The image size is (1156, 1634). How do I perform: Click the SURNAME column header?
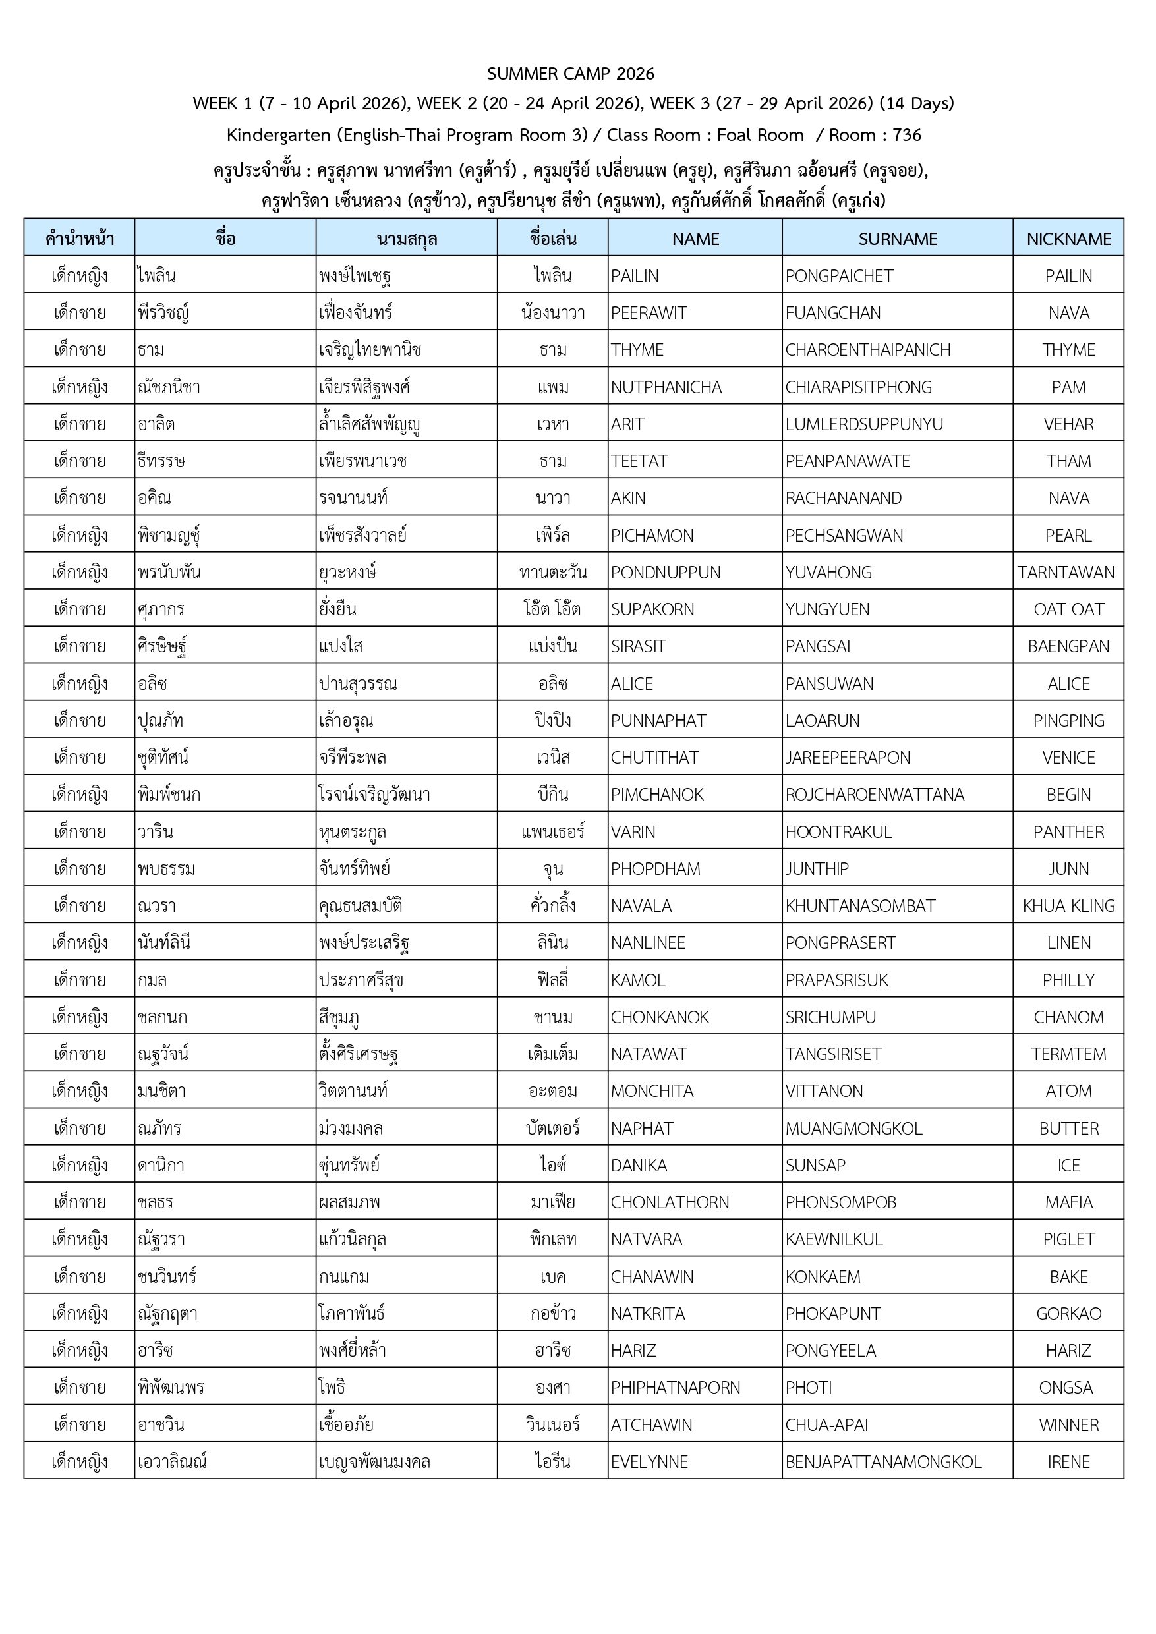pyautogui.click(x=897, y=239)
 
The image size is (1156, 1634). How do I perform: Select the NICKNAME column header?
pyautogui.click(x=1068, y=239)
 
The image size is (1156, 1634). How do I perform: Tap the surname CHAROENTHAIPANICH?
pyautogui.click(x=867, y=350)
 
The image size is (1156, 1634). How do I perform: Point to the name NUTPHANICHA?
pyautogui.click(x=666, y=388)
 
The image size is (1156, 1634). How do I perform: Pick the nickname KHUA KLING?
pyautogui.click(x=1068, y=906)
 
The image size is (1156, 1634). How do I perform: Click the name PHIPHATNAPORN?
pyautogui.click(x=675, y=1388)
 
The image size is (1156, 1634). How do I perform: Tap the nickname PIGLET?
pyautogui.click(x=1068, y=1240)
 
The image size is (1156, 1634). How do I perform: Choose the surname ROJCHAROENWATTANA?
pyautogui.click(x=874, y=795)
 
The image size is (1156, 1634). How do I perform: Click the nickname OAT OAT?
pyautogui.click(x=1068, y=610)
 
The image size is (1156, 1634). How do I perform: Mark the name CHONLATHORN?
pyautogui.click(x=669, y=1202)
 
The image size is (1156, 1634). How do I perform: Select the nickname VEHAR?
pyautogui.click(x=1068, y=425)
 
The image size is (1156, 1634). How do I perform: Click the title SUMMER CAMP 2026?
pyautogui.click(x=570, y=74)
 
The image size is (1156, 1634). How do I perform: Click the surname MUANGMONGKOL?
pyautogui.click(x=853, y=1129)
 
